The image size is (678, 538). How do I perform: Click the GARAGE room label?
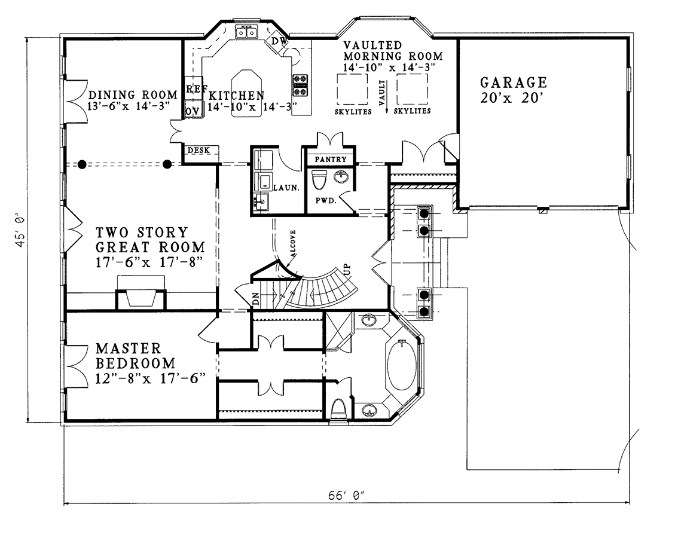click(x=514, y=82)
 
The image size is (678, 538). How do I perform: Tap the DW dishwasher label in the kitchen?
click(x=279, y=41)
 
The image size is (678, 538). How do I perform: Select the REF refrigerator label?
click(x=196, y=89)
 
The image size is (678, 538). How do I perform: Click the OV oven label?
click(x=193, y=111)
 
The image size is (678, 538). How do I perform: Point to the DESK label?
click(x=198, y=151)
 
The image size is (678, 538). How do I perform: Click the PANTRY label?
click(x=331, y=159)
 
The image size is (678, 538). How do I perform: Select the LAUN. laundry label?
click(x=286, y=188)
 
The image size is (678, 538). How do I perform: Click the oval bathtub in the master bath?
click(x=402, y=363)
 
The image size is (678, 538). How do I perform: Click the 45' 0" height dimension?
click(x=20, y=230)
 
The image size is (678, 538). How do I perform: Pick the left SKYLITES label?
click(x=353, y=112)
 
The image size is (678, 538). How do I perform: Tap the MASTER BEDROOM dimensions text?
click(x=150, y=379)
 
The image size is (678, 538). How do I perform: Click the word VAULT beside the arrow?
click(x=382, y=93)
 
